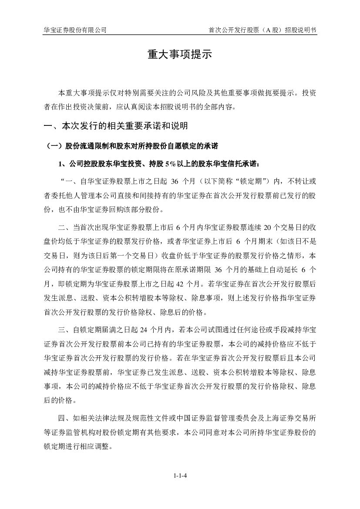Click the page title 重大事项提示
(179, 54)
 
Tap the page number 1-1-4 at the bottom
(180, 475)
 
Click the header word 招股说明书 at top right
(300, 30)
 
